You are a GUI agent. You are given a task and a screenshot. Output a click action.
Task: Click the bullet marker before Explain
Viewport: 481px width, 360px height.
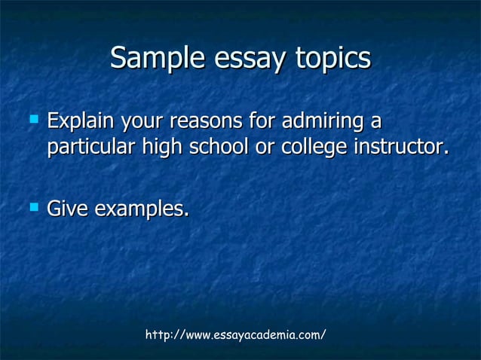31,118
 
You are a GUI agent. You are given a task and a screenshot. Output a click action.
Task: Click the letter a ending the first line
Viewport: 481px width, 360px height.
375,121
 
